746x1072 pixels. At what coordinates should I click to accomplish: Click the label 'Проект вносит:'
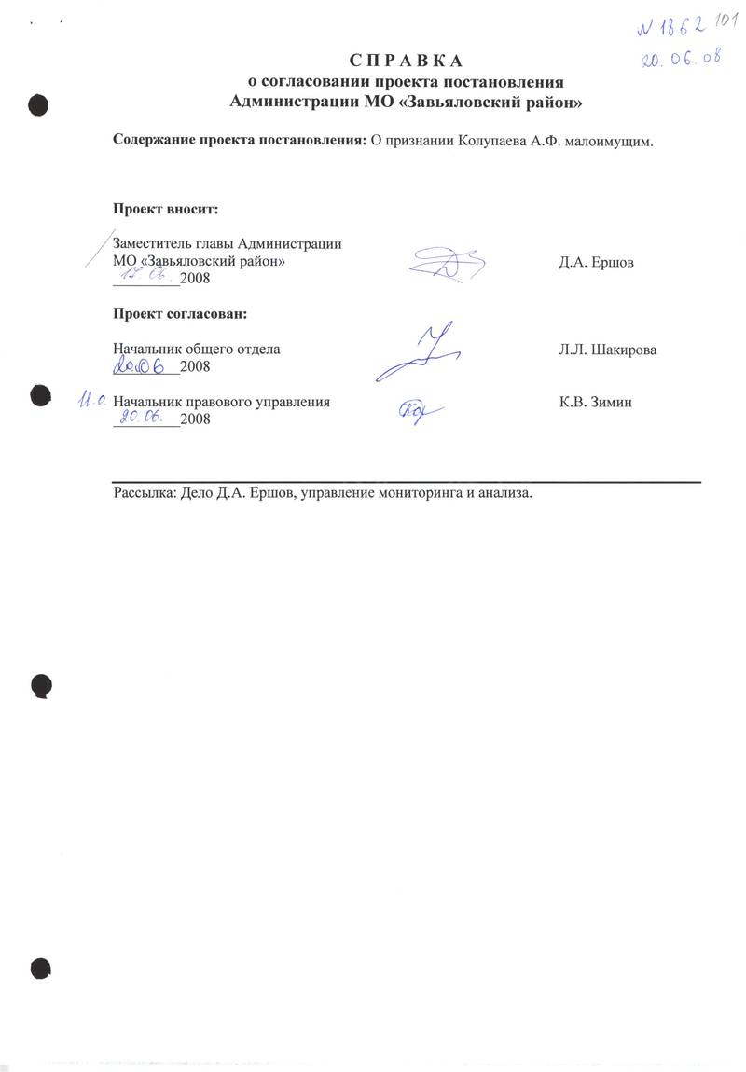166,208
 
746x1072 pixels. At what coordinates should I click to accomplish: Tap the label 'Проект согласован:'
181,312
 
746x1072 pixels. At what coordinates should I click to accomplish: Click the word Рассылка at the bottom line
142,493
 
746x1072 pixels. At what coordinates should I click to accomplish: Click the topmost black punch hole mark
38,103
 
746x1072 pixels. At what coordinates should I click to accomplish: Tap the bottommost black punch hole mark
39,968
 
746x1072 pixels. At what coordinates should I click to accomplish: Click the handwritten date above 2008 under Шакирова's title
145,366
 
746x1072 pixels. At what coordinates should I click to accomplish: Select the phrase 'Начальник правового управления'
221,403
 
